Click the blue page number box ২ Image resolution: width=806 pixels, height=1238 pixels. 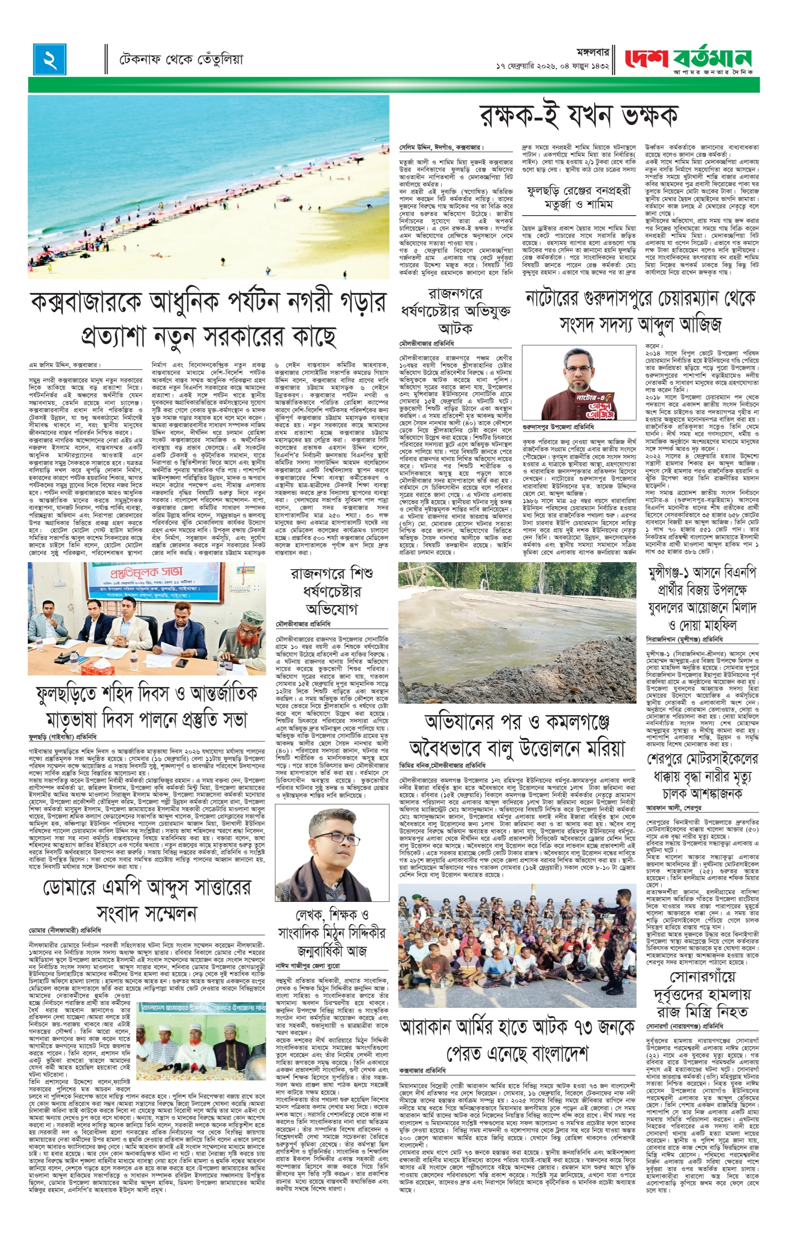pos(50,59)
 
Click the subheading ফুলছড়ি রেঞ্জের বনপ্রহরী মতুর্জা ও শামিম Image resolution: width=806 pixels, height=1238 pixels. pos(578,197)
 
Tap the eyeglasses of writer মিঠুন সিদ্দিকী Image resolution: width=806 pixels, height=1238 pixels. pos(331,838)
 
